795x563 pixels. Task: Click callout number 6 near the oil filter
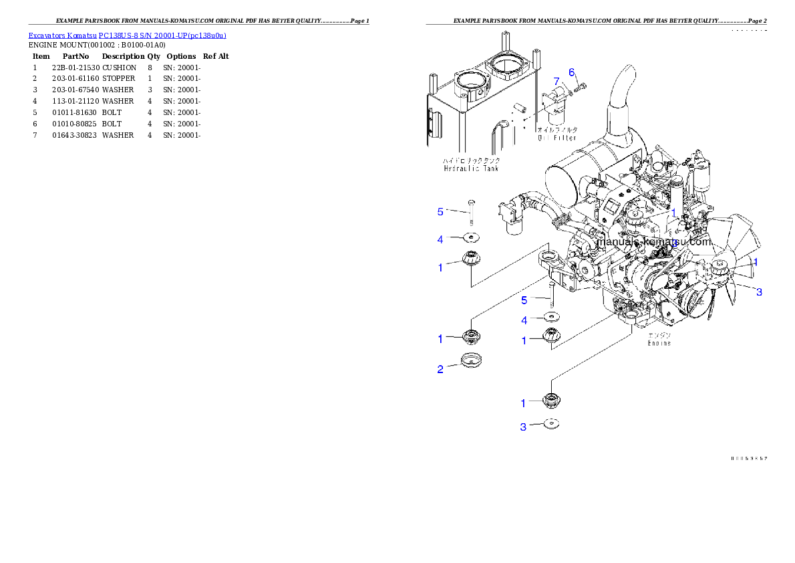coord(571,72)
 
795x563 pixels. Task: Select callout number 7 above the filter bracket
coord(556,81)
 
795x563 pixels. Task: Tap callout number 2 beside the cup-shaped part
coord(440,369)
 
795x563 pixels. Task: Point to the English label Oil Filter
coord(557,138)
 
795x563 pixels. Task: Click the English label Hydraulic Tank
coord(471,168)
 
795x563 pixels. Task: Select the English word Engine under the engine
coord(659,343)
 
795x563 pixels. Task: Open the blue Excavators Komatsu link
coord(127,35)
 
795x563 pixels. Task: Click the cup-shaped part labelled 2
coord(471,360)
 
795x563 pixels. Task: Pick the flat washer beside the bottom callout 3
coord(551,424)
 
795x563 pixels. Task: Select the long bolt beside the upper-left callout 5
coord(471,212)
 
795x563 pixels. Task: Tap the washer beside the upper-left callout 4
coord(472,237)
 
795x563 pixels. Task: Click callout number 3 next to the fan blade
coord(759,292)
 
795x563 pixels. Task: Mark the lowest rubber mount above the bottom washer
coord(552,401)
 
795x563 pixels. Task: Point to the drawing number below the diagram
coord(748,459)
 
